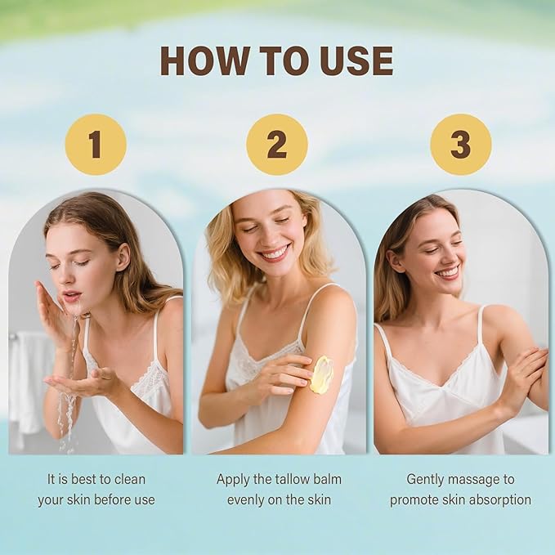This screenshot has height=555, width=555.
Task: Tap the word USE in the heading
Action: [356, 60]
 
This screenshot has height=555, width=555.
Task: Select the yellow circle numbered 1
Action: [96, 145]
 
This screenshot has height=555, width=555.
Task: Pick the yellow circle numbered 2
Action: [277, 145]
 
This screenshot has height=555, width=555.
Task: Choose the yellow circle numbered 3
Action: [461, 145]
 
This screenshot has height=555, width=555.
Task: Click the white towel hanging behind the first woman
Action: [29, 383]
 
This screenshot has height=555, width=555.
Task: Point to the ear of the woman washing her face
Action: [123, 257]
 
